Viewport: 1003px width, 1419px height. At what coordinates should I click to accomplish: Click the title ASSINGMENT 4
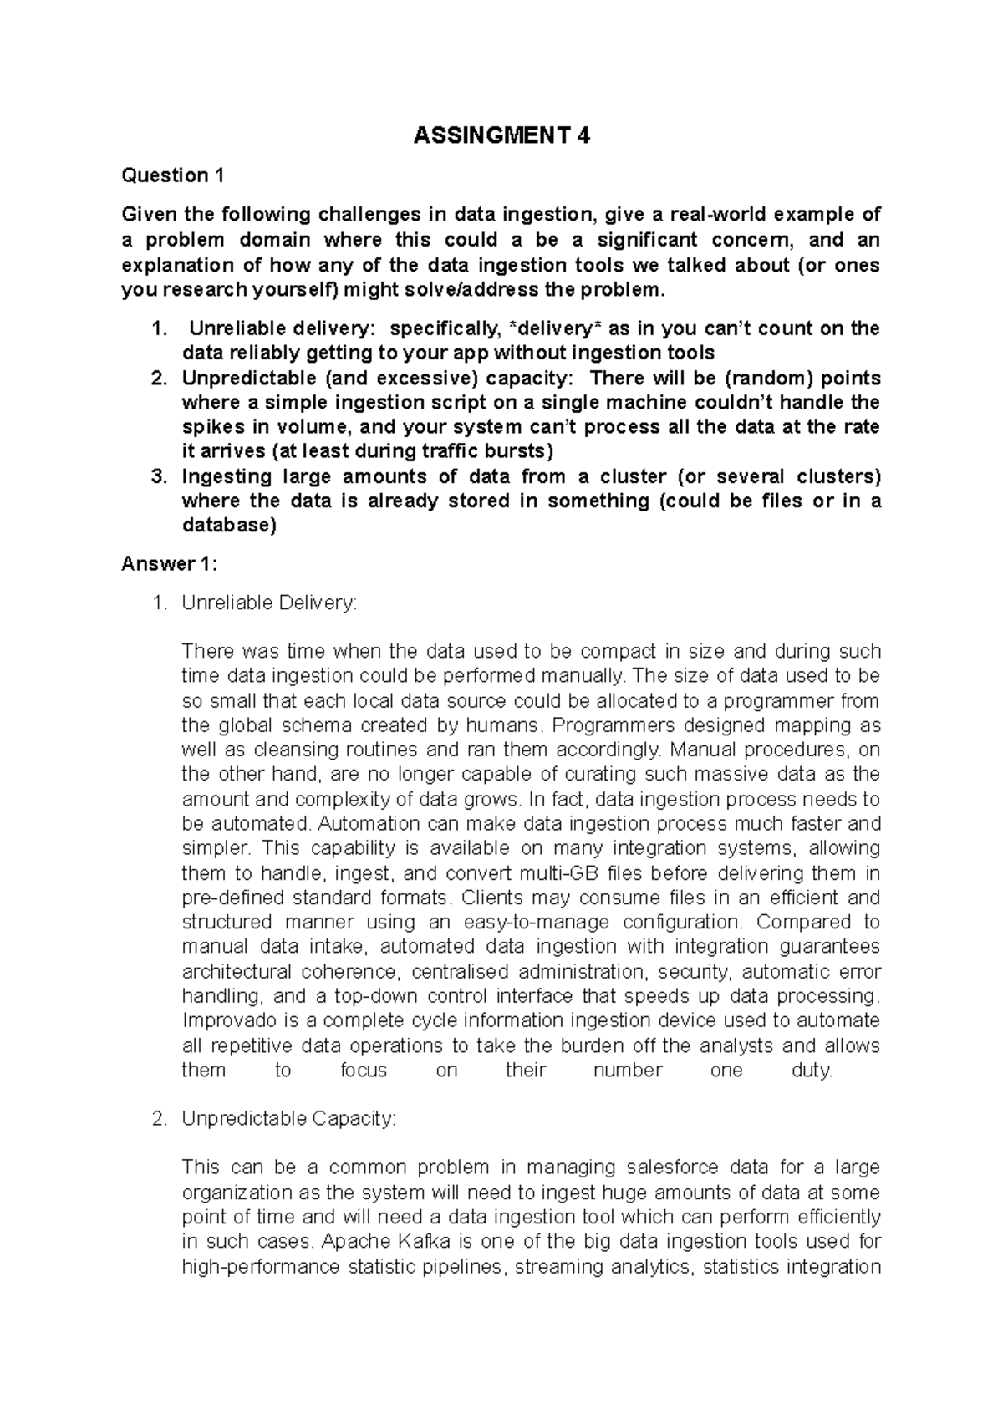(x=501, y=135)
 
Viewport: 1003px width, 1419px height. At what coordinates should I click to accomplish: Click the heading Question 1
(x=173, y=175)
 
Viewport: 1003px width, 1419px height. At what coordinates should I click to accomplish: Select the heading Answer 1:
(x=169, y=564)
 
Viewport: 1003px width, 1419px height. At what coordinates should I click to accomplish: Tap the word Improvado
(x=224, y=1020)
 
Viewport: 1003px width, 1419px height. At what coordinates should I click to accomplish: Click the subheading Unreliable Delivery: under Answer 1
(x=268, y=603)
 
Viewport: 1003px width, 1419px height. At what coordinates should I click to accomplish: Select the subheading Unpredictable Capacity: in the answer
(x=288, y=1118)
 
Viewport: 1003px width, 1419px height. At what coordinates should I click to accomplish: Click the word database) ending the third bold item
(x=228, y=526)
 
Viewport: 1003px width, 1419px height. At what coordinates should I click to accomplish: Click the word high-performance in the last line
(x=260, y=1266)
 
